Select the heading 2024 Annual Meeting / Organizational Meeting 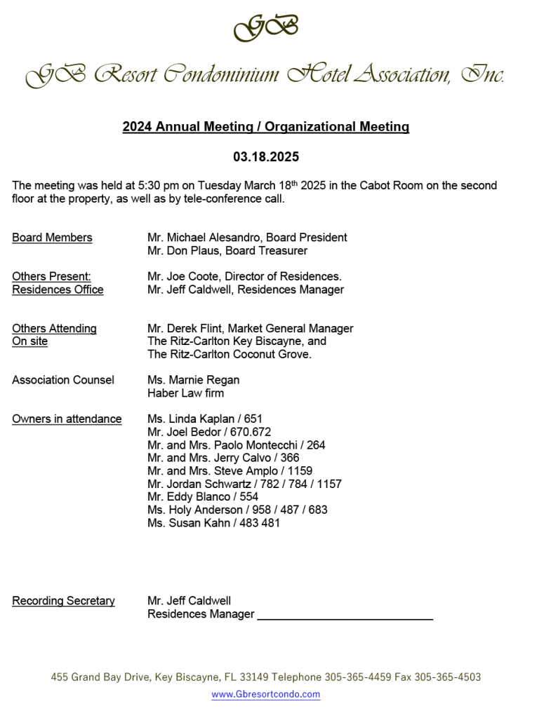[x=265, y=127]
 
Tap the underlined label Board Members [x=52, y=238]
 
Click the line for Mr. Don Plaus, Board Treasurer [x=227, y=250]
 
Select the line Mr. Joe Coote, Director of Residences [x=244, y=276]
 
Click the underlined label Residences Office [x=58, y=290]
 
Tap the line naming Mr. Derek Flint [x=250, y=328]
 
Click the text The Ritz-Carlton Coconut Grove [x=229, y=354]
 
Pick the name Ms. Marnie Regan [x=193, y=380]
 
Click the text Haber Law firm [x=185, y=393]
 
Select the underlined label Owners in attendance [x=67, y=419]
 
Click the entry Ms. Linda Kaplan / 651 [x=205, y=419]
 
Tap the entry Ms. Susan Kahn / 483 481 [x=213, y=522]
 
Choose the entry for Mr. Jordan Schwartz [x=244, y=484]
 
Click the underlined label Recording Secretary [x=63, y=601]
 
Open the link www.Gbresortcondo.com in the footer [x=265, y=694]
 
